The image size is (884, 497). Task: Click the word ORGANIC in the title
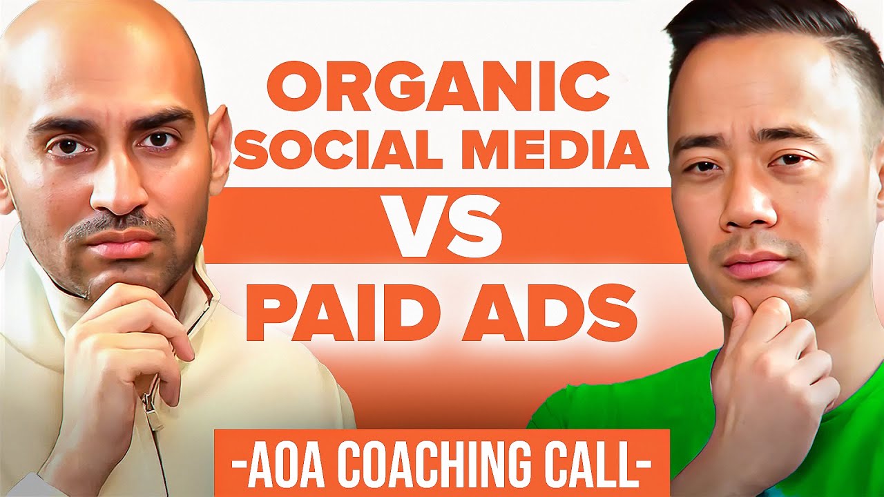click(x=438, y=89)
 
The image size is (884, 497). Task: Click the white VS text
click(x=444, y=226)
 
